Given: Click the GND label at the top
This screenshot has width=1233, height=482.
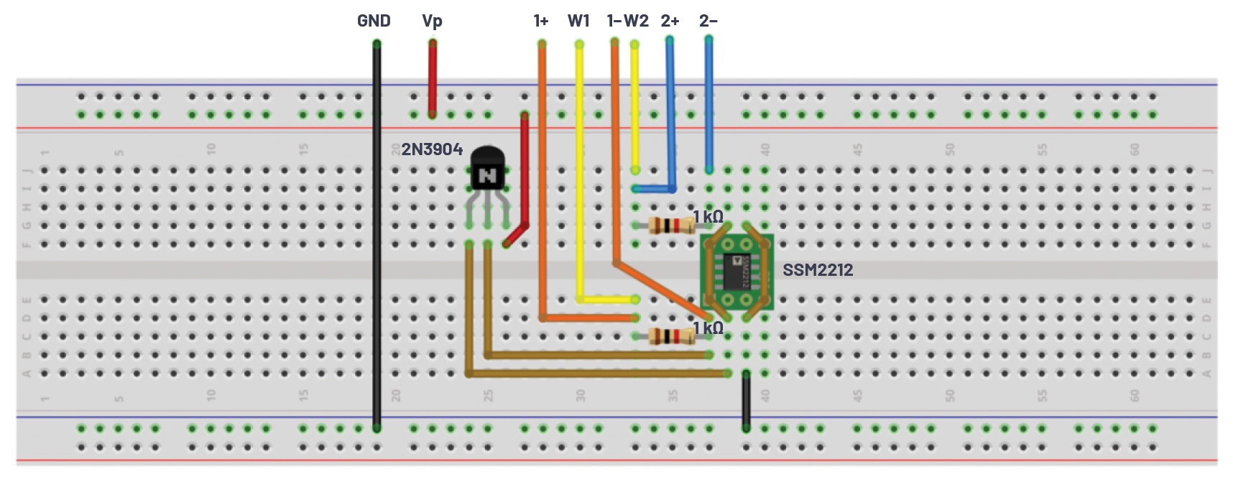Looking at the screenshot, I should coord(374,21).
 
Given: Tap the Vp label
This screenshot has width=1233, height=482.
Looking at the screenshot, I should coord(432,21).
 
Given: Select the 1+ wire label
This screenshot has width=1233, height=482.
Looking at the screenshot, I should coord(541,21).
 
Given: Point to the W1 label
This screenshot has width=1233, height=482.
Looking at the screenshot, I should coord(578,21).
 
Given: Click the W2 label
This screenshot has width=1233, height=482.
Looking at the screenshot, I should coord(637,21).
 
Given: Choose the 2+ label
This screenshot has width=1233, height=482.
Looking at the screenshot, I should coord(670,21).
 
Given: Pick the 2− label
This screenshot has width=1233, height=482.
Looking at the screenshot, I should coord(708,21).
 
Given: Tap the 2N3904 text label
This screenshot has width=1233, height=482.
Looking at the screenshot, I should coord(432,149).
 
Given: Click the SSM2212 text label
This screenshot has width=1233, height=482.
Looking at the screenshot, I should coord(818,270).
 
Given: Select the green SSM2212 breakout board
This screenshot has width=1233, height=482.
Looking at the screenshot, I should coord(737,272).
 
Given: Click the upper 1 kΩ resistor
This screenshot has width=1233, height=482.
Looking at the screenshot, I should coord(671,226).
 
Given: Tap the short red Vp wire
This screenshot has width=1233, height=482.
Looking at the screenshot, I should coord(433,79).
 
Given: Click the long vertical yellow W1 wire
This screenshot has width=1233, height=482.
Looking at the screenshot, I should coord(580,172).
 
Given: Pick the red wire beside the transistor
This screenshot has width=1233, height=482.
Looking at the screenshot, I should coord(525,172).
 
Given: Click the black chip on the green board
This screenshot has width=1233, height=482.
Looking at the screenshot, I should coord(737,272).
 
